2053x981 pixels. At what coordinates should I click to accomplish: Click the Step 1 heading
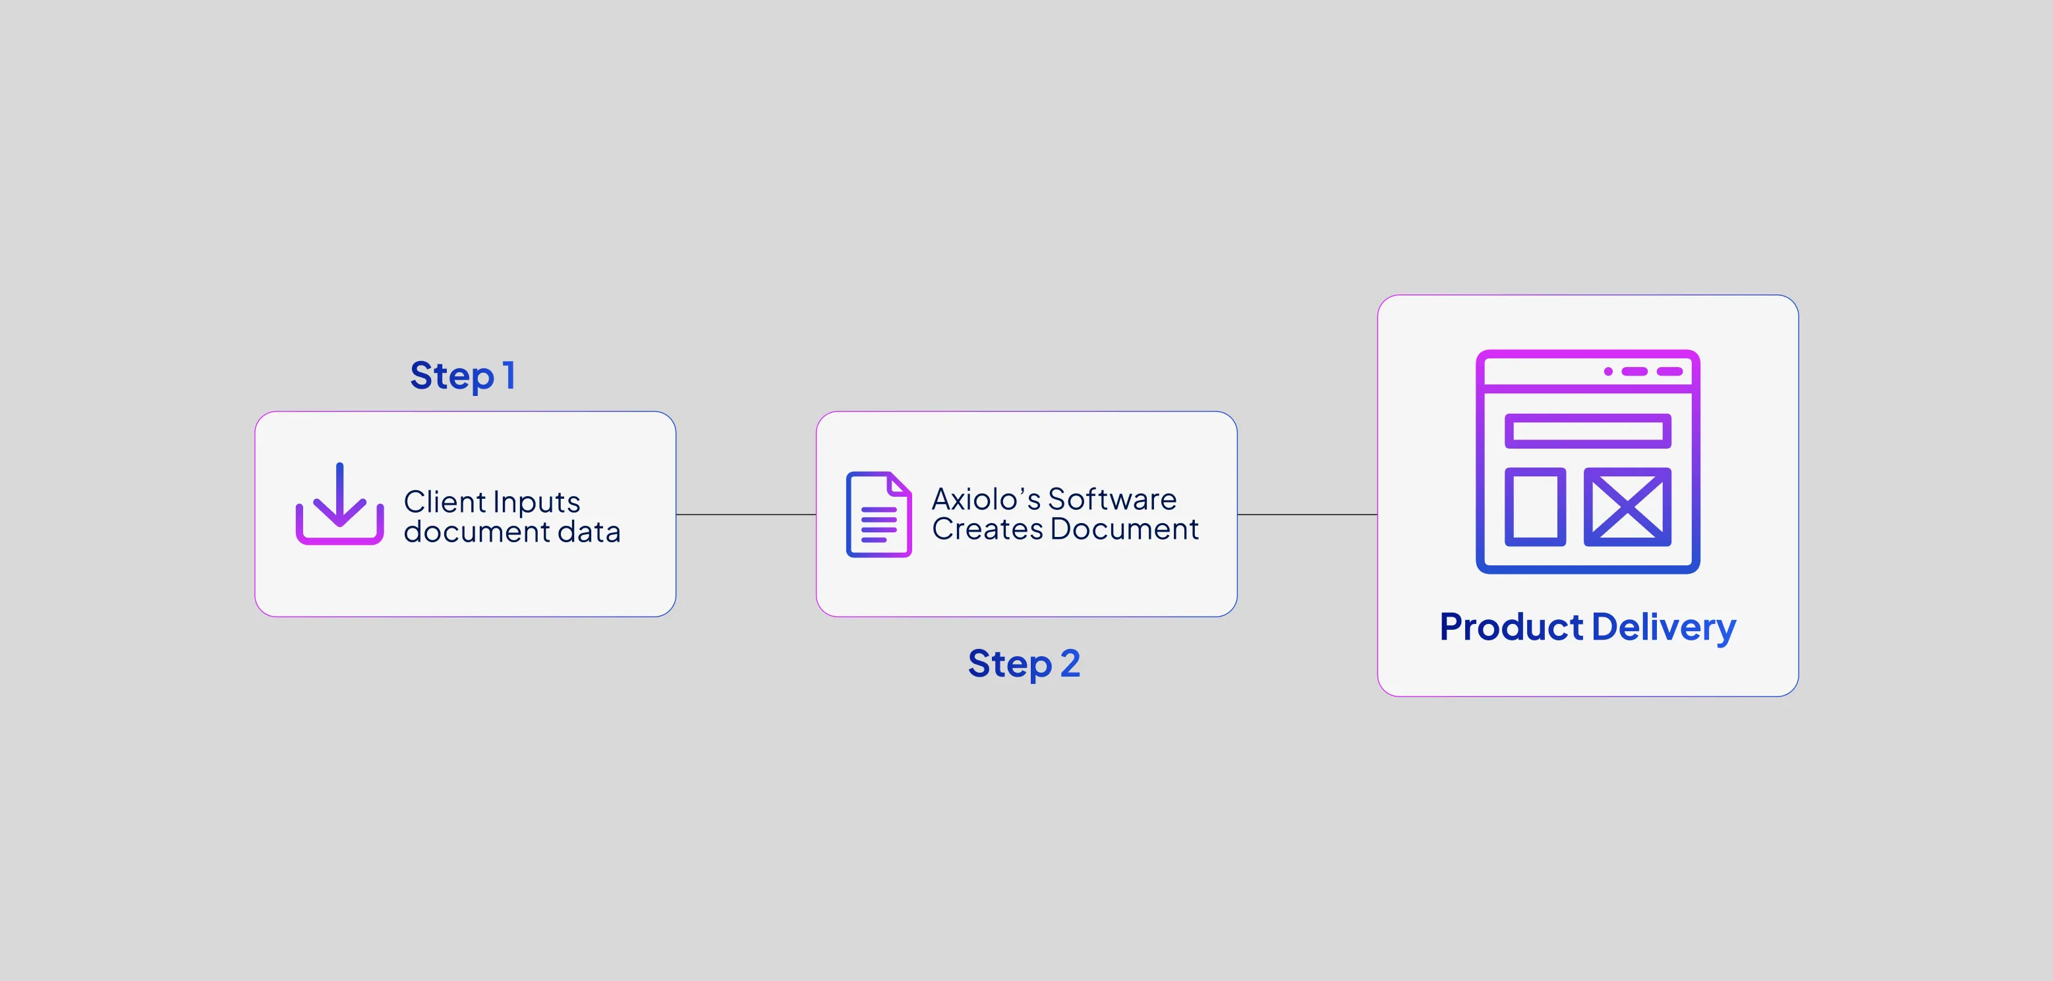462,376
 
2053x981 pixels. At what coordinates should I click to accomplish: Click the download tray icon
339,505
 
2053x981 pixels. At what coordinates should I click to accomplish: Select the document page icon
879,515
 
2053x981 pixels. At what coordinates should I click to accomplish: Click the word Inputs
536,503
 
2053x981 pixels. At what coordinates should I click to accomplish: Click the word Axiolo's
987,499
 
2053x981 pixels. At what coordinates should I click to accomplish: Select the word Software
1112,499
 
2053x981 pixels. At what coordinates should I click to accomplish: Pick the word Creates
987,529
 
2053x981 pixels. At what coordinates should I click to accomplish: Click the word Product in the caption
1511,627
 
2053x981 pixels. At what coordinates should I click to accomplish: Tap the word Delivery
1663,628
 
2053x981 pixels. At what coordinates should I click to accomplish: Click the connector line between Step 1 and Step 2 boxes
746,515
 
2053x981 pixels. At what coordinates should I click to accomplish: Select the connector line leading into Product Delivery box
1307,515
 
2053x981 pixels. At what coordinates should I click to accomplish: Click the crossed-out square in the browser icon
1627,507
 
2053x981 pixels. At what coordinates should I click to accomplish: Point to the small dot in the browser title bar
1608,372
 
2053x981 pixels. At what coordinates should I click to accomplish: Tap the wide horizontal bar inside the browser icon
1588,431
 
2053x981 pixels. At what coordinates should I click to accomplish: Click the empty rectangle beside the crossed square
1535,507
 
